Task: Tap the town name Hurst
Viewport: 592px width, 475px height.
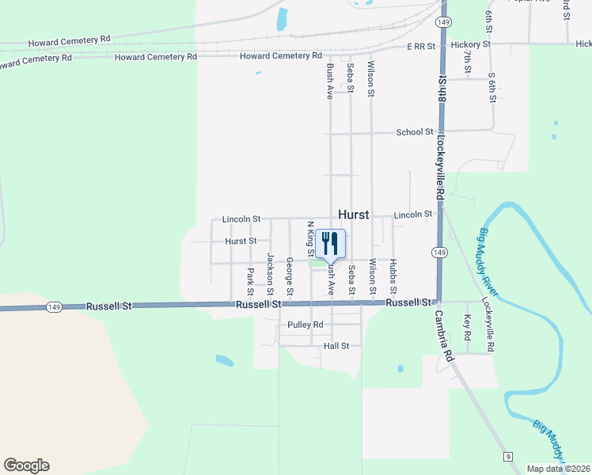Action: pyautogui.click(x=354, y=215)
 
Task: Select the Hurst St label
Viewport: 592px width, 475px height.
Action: pyautogui.click(x=241, y=241)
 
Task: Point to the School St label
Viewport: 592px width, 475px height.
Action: pyautogui.click(x=415, y=132)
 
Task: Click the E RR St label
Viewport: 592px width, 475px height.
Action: pyautogui.click(x=421, y=47)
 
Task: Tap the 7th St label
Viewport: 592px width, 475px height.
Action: pyautogui.click(x=468, y=63)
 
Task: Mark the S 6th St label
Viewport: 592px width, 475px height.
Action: pyautogui.click(x=491, y=86)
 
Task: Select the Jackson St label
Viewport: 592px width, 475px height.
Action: pyautogui.click(x=270, y=274)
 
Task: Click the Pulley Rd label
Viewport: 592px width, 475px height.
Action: pyautogui.click(x=305, y=325)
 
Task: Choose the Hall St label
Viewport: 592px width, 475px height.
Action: pyautogui.click(x=336, y=346)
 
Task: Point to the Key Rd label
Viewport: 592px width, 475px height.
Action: pyautogui.click(x=467, y=327)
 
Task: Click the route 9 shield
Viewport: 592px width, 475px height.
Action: pyautogui.click(x=507, y=457)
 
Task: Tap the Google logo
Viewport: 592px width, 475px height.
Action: pyautogui.click(x=26, y=465)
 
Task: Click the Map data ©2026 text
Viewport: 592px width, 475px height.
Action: pyautogui.click(x=558, y=469)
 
